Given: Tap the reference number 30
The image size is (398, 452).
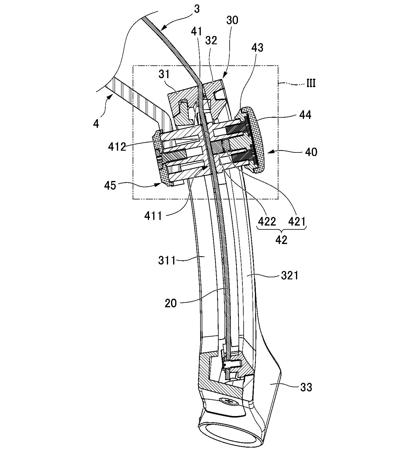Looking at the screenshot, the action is click(232, 20).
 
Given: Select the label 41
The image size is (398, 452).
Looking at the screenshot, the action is click(197, 31).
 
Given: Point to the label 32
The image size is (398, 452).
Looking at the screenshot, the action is click(211, 41).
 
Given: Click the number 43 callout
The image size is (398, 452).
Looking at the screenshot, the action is click(257, 48).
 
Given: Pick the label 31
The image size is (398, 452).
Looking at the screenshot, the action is click(164, 74).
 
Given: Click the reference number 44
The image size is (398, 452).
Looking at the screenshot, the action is click(305, 115).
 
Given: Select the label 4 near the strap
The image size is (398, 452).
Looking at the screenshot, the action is click(96, 124).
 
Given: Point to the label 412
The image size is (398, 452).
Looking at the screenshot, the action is click(117, 147).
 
